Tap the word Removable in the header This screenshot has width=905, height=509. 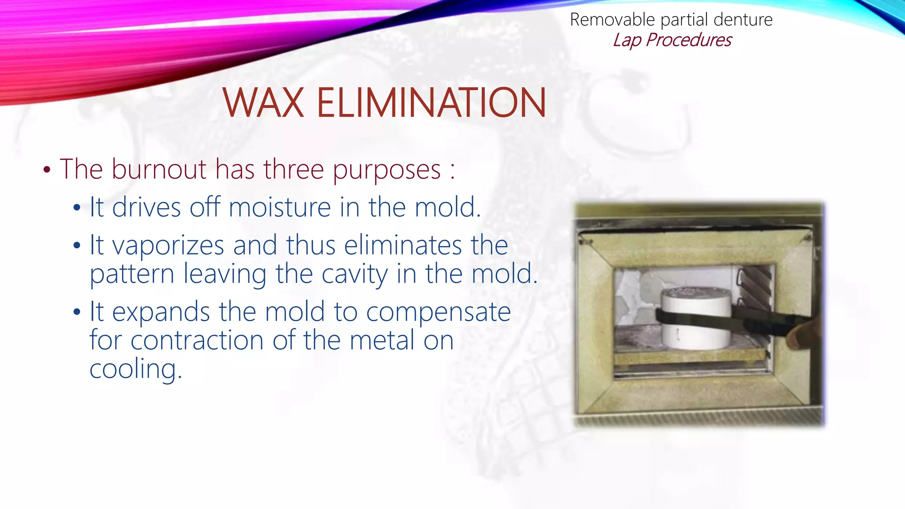(612, 20)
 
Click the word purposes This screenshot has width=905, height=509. (387, 170)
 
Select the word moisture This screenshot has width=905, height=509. (280, 207)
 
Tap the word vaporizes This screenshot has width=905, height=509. (168, 246)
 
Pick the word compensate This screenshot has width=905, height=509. (438, 312)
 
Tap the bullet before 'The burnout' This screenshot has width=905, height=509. (47, 170)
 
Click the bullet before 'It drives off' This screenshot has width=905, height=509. (77, 208)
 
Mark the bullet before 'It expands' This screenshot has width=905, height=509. (77, 312)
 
